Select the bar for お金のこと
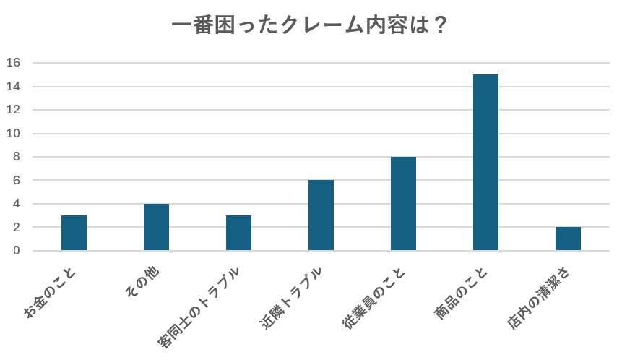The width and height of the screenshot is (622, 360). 74,233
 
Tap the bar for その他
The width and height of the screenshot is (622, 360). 156,227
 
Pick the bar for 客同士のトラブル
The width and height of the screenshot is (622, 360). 238,233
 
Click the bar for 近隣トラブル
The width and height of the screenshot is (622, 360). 321,215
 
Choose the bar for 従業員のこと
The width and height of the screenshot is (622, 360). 403,204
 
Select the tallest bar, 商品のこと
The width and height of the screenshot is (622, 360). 485,163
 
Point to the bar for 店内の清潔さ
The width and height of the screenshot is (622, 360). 568,239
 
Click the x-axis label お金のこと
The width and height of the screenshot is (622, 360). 52,293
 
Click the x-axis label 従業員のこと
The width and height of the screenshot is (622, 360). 375,299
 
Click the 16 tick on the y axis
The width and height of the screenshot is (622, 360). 14,63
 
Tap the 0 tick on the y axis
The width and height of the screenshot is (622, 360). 17,251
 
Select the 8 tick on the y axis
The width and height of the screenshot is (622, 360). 17,157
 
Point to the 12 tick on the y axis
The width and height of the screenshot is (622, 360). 14,110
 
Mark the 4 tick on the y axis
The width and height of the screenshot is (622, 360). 17,204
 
